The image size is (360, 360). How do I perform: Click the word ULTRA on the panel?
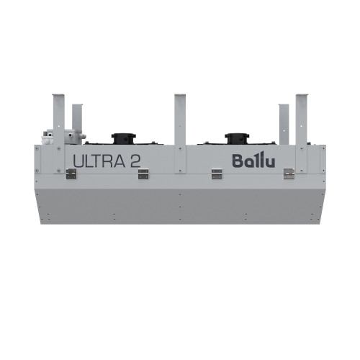click(98, 161)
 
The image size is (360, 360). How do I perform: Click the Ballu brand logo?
click(251, 160)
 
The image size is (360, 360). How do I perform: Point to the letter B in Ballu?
click(237, 161)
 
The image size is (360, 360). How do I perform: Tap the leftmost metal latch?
click(72, 174)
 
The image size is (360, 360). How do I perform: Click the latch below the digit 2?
click(143, 173)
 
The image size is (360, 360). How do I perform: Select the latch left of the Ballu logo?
click(217, 173)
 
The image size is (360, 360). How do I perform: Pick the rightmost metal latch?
click(288, 174)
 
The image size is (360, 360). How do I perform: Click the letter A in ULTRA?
click(117, 161)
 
